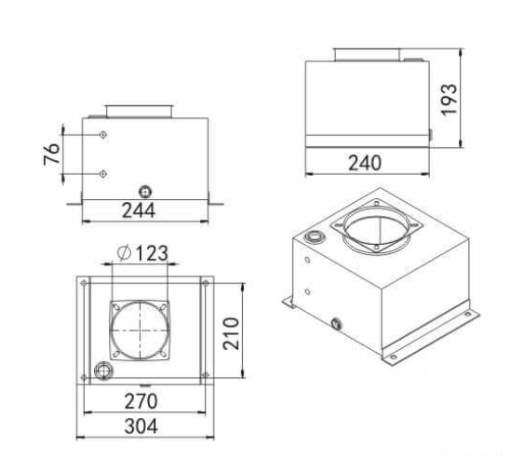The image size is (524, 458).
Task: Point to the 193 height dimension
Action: pyautogui.click(x=450, y=99)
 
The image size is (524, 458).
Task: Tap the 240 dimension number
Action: pyautogui.click(x=365, y=163)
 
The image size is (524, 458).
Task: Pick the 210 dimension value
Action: pyautogui.click(x=233, y=332)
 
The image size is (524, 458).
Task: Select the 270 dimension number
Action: pyautogui.click(x=141, y=401)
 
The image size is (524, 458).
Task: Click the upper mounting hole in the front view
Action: pyautogui.click(x=102, y=137)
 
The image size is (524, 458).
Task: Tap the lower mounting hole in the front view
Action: pyautogui.click(x=102, y=172)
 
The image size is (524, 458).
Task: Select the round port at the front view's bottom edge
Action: pyautogui.click(x=144, y=190)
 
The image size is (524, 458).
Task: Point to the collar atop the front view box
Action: pyautogui.click(x=139, y=112)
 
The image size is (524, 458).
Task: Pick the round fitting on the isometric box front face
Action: pyautogui.click(x=337, y=324)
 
